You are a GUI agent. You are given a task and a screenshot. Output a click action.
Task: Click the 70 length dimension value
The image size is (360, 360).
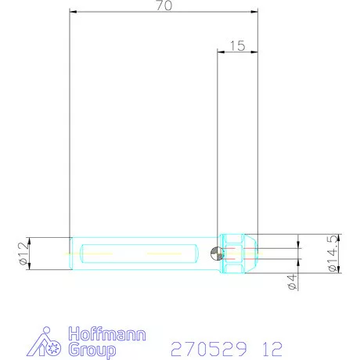click(164, 5)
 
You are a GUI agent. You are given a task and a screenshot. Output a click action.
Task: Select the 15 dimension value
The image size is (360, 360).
click(237, 46)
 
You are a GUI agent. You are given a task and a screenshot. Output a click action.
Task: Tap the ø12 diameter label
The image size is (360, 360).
click(22, 254)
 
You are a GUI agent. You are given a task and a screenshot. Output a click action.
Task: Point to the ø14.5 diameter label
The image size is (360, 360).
click(333, 254)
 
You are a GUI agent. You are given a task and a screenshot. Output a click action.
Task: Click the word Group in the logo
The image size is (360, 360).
click(87, 349)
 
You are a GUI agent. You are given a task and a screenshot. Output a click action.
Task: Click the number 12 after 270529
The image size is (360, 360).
click(268, 347)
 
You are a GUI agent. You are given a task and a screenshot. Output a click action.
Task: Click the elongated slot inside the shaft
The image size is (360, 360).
click(138, 254)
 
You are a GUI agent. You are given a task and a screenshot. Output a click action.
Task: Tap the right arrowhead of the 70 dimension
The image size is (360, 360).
click(254, 12)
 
